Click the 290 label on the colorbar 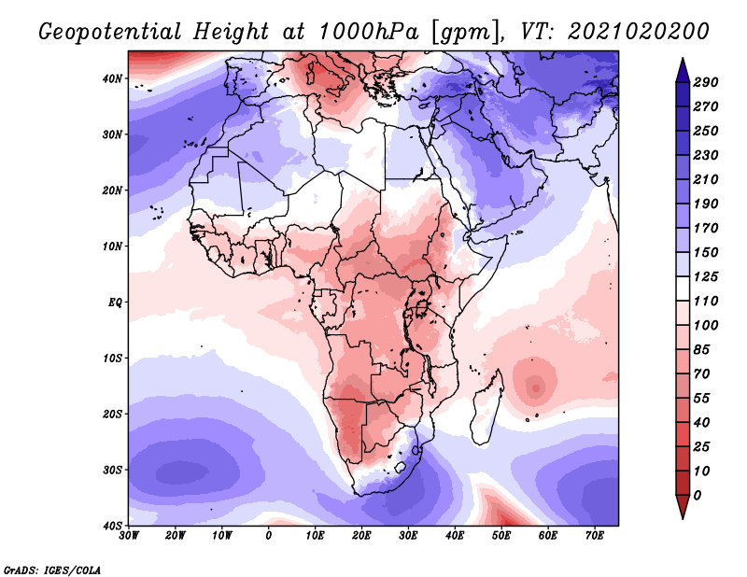pos(719,84)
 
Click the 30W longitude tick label pos(129,536)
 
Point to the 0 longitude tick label pos(269,536)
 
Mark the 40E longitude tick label pos(455,536)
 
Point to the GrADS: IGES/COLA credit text pos(52,569)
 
